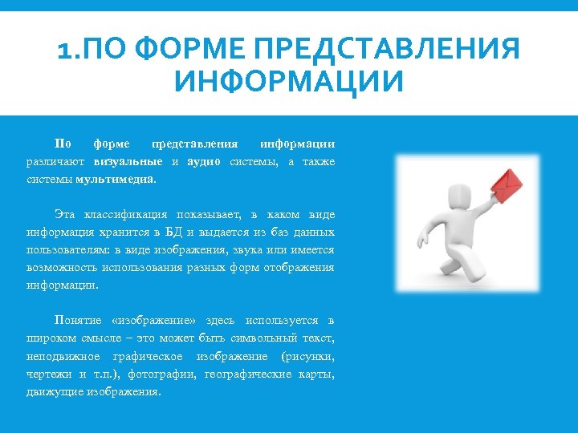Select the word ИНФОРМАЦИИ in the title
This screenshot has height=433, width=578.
click(289, 82)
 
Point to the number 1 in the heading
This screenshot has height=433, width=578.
click(64, 51)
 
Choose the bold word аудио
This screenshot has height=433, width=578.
click(204, 162)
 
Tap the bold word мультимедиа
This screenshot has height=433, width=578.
click(115, 180)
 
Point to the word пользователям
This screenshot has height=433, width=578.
click(64, 250)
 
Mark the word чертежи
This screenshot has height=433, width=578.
click(47, 374)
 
